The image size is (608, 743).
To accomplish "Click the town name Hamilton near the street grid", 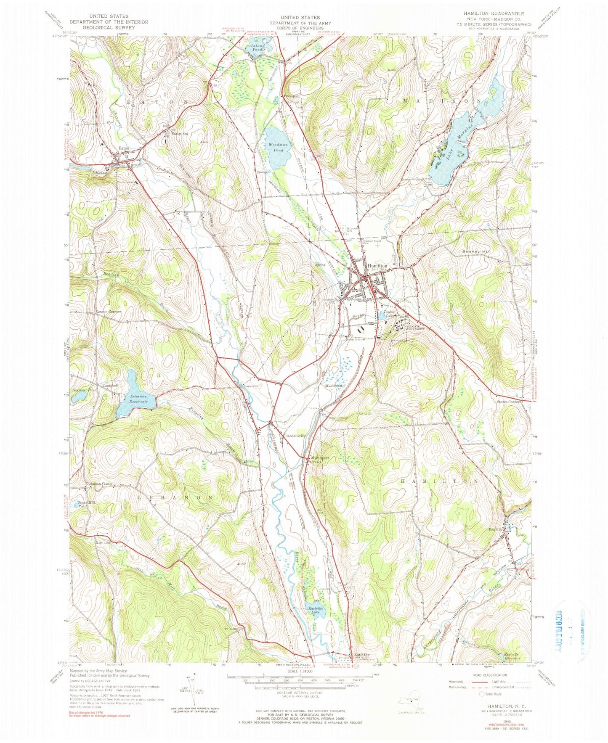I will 377,266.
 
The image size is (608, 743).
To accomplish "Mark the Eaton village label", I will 124,148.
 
